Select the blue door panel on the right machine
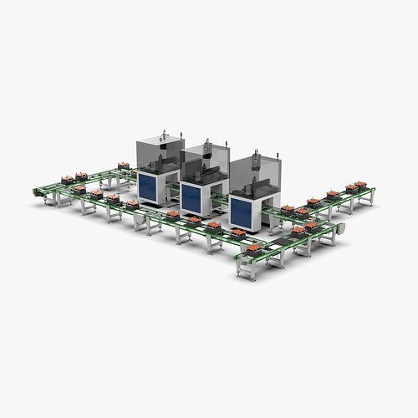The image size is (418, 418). [242, 211]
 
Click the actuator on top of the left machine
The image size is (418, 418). [166, 133]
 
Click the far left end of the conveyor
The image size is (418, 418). [37, 191]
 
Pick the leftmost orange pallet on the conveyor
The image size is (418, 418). [68, 178]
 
